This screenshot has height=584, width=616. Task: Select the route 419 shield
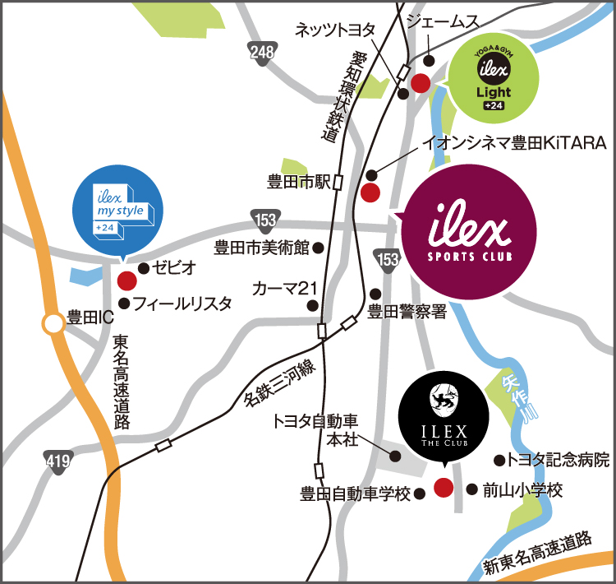pyautogui.click(x=57, y=462)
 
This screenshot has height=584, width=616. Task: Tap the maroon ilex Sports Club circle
pyautogui.click(x=469, y=237)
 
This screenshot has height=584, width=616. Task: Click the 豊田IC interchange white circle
pyautogui.click(x=54, y=324)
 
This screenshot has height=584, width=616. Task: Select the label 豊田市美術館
pyautogui.click(x=260, y=247)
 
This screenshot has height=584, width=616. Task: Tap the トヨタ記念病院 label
pyautogui.click(x=559, y=459)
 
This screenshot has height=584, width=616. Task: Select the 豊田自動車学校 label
pyautogui.click(x=356, y=494)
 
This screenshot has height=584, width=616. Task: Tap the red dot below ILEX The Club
pyautogui.click(x=443, y=487)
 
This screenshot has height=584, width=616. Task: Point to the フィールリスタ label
pyautogui.click(x=182, y=304)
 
